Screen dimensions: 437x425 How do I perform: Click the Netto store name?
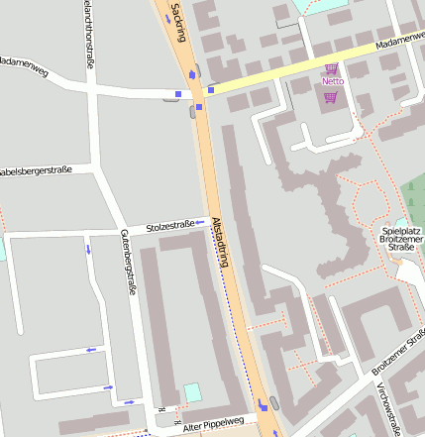(332, 81)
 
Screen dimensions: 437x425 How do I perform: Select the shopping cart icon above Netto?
(331, 68)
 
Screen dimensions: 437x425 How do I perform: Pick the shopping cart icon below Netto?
(330, 96)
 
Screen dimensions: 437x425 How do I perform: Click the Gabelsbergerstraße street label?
(35, 170)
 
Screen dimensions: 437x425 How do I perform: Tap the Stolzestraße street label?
(169, 226)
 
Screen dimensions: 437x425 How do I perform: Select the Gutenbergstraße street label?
(127, 261)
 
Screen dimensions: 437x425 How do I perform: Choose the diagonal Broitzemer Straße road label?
(399, 353)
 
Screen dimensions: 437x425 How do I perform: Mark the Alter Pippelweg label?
(213, 423)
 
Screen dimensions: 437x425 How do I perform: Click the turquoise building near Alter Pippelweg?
(191, 392)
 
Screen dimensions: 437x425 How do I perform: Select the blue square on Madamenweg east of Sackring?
(211, 90)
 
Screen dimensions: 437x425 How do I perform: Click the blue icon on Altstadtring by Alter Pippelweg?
(263, 403)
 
